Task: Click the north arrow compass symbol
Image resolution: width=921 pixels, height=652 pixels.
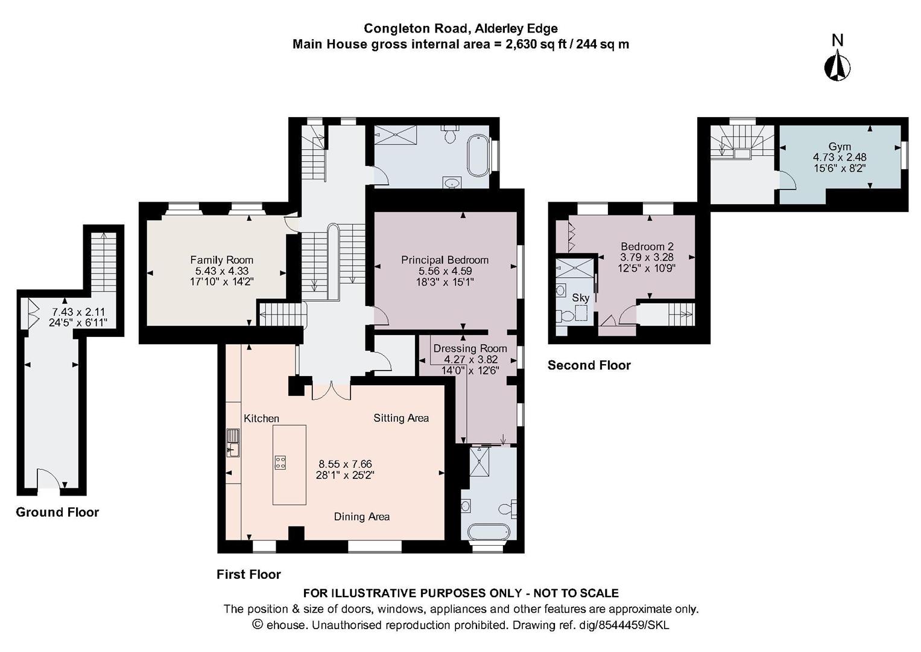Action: (837, 65)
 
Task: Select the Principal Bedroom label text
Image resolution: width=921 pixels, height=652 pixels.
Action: (445, 260)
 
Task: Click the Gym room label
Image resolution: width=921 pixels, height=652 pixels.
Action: (840, 147)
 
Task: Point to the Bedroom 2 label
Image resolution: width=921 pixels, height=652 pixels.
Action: (647, 246)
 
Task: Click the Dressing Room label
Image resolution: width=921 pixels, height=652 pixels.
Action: (470, 348)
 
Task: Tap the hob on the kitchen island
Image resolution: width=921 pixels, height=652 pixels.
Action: (280, 462)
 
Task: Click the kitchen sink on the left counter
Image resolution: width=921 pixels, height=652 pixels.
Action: (233, 448)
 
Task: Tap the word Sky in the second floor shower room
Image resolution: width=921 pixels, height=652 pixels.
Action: (580, 298)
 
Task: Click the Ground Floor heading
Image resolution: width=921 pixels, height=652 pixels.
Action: (57, 512)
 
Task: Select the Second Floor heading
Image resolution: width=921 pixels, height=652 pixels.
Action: (589, 365)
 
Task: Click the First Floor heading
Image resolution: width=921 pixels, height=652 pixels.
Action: (248, 574)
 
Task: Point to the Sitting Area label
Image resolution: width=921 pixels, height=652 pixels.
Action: (401, 418)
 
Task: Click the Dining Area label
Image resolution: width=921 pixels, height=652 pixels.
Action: (361, 516)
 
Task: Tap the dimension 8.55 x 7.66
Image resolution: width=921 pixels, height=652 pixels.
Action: (345, 464)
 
